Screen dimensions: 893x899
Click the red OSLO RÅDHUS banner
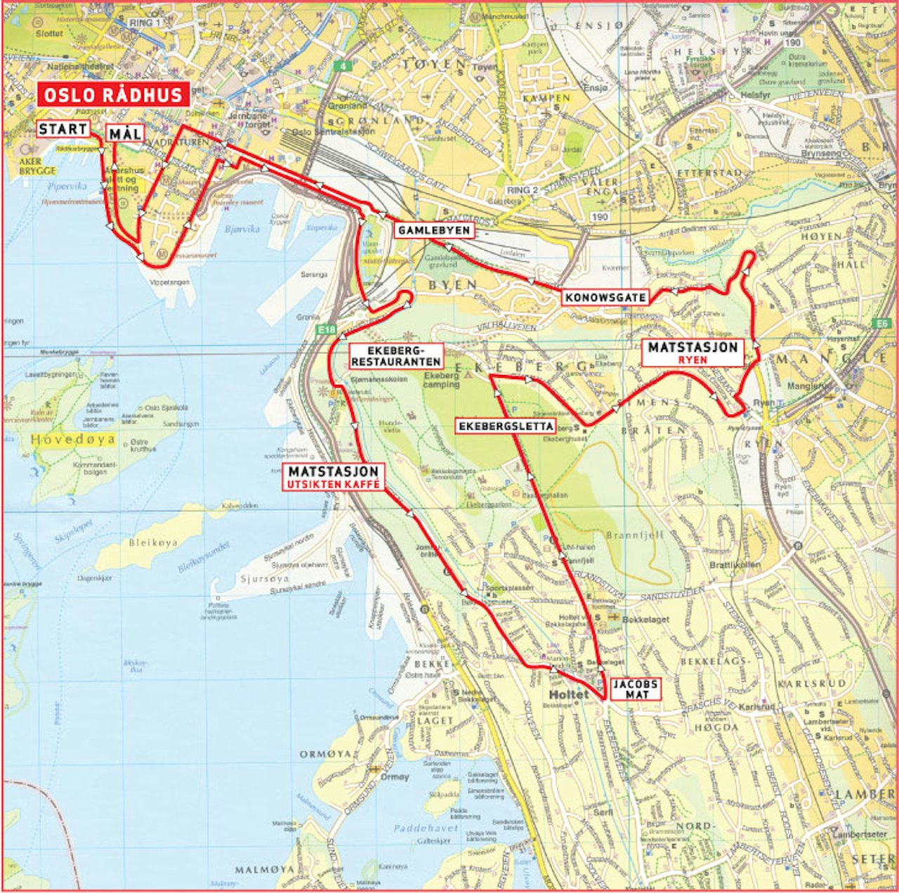(113, 95)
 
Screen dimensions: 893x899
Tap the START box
(63, 129)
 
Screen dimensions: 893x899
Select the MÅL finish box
(125, 133)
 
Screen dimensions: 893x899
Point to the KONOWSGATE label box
(605, 297)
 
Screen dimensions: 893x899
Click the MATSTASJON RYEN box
(693, 352)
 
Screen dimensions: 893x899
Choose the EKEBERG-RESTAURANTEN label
(396, 356)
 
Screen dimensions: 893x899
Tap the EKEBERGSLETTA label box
(506, 426)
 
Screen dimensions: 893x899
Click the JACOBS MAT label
(635, 689)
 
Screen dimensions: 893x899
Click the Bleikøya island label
(154, 543)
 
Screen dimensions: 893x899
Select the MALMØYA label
(265, 869)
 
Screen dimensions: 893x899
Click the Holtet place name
(569, 694)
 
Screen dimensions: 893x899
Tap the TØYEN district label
(433, 64)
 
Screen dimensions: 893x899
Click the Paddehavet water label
(426, 828)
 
